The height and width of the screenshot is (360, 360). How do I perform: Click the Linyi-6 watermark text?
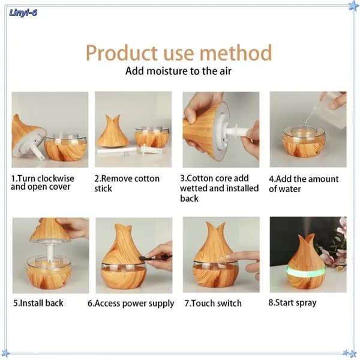[23, 13]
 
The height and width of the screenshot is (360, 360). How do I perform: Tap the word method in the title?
[236, 53]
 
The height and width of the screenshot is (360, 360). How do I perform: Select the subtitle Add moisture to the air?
[178, 71]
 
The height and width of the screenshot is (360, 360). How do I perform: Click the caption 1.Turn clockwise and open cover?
[43, 182]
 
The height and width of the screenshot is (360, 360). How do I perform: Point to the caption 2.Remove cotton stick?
[127, 184]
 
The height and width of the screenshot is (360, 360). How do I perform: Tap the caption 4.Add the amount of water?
[304, 184]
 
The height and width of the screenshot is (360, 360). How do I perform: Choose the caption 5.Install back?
[38, 303]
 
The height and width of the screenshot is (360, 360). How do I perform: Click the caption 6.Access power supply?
[131, 304]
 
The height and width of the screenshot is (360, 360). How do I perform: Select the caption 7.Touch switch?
[213, 303]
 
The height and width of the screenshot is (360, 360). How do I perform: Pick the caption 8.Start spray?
[293, 303]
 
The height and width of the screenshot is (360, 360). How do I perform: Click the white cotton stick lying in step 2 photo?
[117, 151]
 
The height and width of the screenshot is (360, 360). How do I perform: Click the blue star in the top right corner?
[353, 5]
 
